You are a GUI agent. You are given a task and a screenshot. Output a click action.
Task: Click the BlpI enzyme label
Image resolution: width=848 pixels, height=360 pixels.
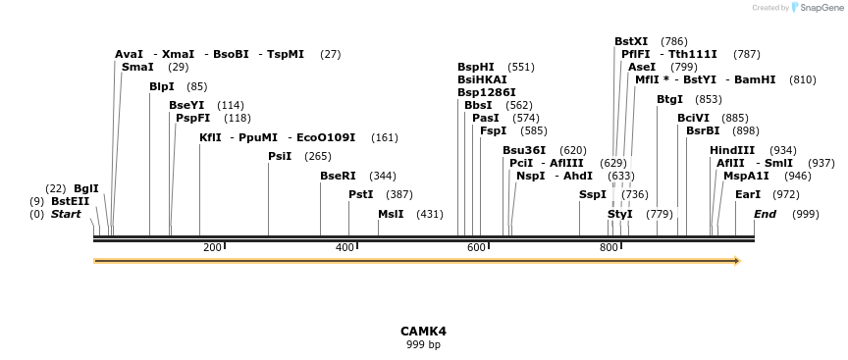(162, 86)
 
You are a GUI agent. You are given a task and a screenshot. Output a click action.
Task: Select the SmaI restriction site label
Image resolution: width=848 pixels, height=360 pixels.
(137, 67)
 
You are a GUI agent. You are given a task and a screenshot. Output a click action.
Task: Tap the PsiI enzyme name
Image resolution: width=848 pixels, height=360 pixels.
(280, 156)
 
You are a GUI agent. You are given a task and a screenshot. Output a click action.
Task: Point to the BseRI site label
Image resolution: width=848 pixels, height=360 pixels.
(338, 176)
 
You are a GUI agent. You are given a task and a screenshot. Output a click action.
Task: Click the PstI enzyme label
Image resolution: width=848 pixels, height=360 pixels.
(360, 194)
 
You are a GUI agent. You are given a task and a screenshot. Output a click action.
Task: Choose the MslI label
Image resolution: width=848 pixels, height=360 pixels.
(391, 214)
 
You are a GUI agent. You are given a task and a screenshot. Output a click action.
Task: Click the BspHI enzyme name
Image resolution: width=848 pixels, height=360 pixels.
(476, 67)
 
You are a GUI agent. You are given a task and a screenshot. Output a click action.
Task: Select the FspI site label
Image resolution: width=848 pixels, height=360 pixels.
(493, 130)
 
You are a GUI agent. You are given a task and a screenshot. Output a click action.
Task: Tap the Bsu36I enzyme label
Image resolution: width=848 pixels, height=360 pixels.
(524, 150)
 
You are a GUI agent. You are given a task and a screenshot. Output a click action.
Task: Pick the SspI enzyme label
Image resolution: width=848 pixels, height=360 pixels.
(593, 194)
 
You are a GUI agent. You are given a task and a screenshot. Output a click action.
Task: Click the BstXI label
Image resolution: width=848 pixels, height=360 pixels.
(631, 41)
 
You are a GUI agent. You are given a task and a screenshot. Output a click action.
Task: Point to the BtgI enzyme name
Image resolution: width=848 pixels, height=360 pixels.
(669, 99)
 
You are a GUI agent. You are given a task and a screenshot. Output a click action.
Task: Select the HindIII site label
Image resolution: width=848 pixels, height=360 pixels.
(732, 150)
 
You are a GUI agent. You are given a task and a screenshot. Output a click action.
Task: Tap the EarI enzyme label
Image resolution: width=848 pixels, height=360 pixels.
(748, 194)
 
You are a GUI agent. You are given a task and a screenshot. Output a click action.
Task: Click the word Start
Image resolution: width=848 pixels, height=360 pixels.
(66, 214)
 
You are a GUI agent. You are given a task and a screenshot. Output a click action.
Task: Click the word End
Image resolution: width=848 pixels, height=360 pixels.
(765, 214)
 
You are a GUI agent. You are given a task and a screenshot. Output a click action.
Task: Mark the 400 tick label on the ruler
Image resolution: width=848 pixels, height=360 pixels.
(344, 248)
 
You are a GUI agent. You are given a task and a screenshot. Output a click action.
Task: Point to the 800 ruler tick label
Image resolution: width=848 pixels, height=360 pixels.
(609, 248)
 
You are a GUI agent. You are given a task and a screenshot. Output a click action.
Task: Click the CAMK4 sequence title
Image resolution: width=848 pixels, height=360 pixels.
(423, 332)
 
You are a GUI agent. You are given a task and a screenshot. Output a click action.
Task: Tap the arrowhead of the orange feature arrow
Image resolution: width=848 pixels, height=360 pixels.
(736, 261)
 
